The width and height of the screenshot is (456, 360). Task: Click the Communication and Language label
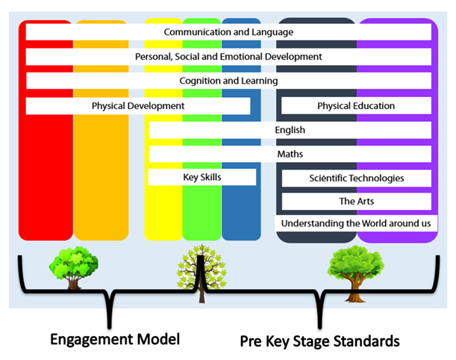coord(228,32)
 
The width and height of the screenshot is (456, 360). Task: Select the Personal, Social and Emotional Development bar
coord(228,57)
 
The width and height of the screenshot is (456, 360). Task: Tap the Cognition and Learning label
coord(228,81)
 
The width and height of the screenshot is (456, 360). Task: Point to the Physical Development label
coord(138,106)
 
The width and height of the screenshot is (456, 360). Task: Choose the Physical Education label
coord(356,106)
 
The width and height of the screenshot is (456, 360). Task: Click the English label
coord(290,130)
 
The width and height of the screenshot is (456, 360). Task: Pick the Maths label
coord(290,154)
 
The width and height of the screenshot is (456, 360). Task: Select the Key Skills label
coord(202,177)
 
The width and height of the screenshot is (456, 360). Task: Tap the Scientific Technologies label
coord(356,178)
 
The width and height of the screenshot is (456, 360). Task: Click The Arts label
coord(356,201)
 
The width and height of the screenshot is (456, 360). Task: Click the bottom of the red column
coord(46,228)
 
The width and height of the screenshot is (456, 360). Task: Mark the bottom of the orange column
coord(101,228)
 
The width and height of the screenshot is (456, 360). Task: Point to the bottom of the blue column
coord(241,228)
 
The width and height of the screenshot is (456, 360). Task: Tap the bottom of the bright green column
coord(202,228)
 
